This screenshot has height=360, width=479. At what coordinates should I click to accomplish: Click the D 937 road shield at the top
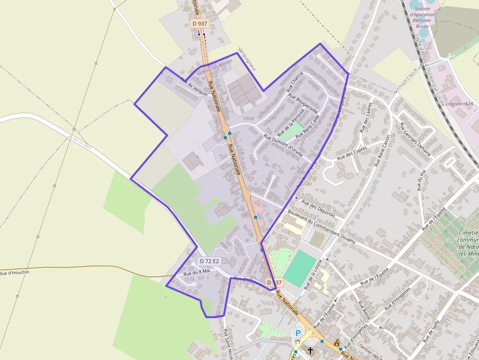coord(200,23)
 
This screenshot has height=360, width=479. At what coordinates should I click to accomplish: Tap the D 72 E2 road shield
coord(209,261)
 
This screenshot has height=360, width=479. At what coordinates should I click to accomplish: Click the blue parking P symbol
coord(298,333)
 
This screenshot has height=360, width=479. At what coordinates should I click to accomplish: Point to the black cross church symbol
coord(310,350)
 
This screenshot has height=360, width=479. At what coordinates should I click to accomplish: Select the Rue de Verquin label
coord(194,87)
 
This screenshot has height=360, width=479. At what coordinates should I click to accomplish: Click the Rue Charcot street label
coord(295,82)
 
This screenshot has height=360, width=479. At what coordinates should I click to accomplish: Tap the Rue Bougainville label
coord(303,103)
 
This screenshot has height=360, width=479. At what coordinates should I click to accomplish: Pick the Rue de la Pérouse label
coord(291,122)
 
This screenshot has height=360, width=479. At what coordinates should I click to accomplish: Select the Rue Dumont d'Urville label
coord(284,145)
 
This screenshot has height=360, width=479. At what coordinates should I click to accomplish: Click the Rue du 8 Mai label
coord(196,272)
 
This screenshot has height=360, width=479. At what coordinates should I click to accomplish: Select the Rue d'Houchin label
coord(15,273)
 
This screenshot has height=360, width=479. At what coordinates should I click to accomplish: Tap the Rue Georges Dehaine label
coord(415,139)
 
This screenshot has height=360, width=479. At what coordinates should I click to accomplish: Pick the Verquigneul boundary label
coord(247,60)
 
